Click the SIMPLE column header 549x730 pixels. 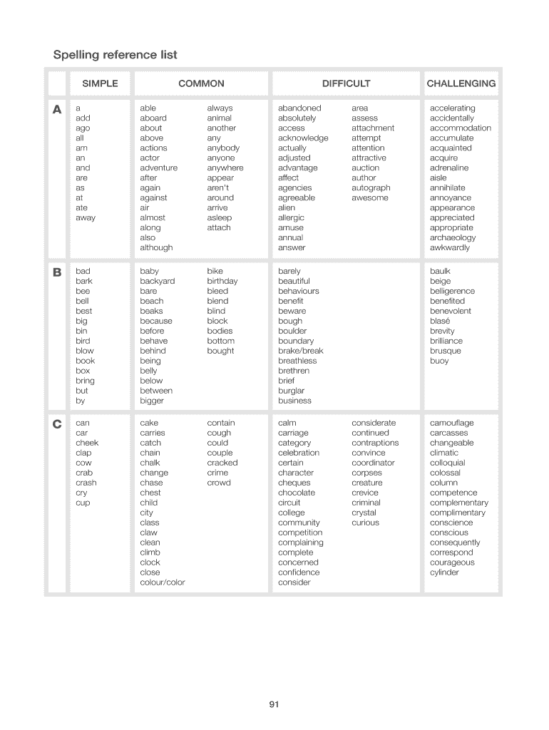pyautogui.click(x=100, y=83)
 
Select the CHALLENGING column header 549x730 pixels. pyautogui.click(x=461, y=83)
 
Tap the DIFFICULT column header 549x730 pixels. pyautogui.click(x=346, y=83)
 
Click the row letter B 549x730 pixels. pyautogui.click(x=56, y=272)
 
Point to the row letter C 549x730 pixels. pyautogui.click(x=56, y=424)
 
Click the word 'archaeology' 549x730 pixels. pyautogui.click(x=452, y=237)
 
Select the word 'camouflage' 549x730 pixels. pyautogui.click(x=451, y=423)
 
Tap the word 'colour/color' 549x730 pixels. pyautogui.click(x=162, y=582)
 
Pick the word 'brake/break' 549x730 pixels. pyautogui.click(x=300, y=351)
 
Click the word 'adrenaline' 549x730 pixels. pyautogui.click(x=449, y=168)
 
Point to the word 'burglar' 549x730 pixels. pyautogui.click(x=291, y=391)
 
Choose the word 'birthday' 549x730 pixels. pyautogui.click(x=222, y=281)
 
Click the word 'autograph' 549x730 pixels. pyautogui.click(x=371, y=187)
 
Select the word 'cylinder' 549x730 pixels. pyautogui.click(x=444, y=572)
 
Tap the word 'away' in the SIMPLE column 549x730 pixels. pyautogui.click(x=85, y=217)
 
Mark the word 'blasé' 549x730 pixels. pyautogui.click(x=440, y=321)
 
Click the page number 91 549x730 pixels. pyautogui.click(x=274, y=705)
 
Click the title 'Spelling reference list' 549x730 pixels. pyautogui.click(x=116, y=55)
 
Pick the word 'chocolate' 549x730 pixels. pyautogui.click(x=296, y=493)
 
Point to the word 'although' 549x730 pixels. pyautogui.click(x=156, y=247)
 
